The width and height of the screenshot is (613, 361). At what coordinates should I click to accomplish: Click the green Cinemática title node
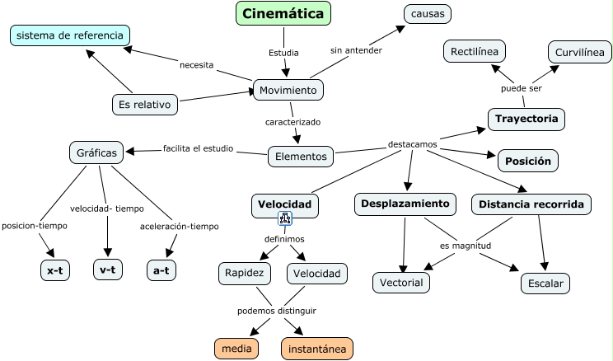283,13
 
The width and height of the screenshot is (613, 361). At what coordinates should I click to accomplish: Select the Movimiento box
288,90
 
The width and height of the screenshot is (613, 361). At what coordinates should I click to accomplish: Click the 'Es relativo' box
145,105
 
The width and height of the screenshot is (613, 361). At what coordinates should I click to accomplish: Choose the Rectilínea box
474,52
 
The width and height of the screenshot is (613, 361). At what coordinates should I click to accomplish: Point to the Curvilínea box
580,52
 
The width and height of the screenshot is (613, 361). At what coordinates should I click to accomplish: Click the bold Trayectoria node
526,120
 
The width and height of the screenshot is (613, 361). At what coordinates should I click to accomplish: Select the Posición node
528,161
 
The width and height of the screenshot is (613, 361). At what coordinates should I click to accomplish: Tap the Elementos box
301,155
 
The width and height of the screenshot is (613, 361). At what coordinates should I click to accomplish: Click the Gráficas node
97,152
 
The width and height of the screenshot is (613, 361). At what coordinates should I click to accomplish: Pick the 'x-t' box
55,270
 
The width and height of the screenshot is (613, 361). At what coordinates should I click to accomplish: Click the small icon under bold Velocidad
285,218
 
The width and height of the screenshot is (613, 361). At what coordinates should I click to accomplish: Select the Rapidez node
244,273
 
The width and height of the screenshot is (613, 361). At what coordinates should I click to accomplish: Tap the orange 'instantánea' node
317,349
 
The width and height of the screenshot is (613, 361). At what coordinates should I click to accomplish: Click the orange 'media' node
236,349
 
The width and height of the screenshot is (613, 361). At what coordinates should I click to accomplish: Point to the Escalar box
545,284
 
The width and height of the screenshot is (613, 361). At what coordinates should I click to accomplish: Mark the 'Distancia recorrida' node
531,204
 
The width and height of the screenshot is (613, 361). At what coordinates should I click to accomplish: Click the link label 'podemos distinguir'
277,311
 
